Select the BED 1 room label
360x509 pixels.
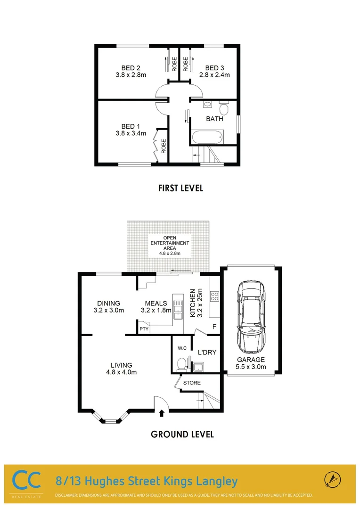point(131,126)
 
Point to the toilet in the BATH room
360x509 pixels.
point(224,108)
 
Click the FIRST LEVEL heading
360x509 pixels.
point(180,188)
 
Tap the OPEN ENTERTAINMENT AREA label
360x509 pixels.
point(169,243)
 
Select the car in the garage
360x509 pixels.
point(252,317)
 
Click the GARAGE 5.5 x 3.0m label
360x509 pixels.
point(251,363)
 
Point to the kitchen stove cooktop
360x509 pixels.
point(214,296)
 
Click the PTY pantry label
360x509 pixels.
point(143,328)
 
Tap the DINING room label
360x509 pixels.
point(108,303)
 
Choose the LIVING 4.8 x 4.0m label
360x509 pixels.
point(121,369)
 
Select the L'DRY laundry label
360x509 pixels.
point(207,352)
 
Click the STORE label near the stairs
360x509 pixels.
point(192,383)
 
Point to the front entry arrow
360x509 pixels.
point(162,413)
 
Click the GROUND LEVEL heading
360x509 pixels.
point(182,434)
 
